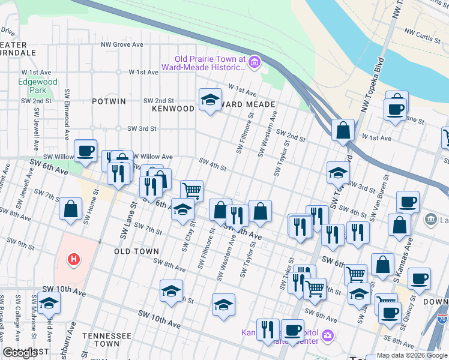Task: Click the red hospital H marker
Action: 73,259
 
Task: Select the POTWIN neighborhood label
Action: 109,101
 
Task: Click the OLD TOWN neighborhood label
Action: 136,251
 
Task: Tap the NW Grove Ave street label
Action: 122,44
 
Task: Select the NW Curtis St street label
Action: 422,37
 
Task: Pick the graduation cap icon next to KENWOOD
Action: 210,100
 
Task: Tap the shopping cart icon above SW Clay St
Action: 191,191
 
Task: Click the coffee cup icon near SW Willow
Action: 85,151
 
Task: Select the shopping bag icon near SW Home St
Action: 71,209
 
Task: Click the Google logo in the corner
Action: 20,353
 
